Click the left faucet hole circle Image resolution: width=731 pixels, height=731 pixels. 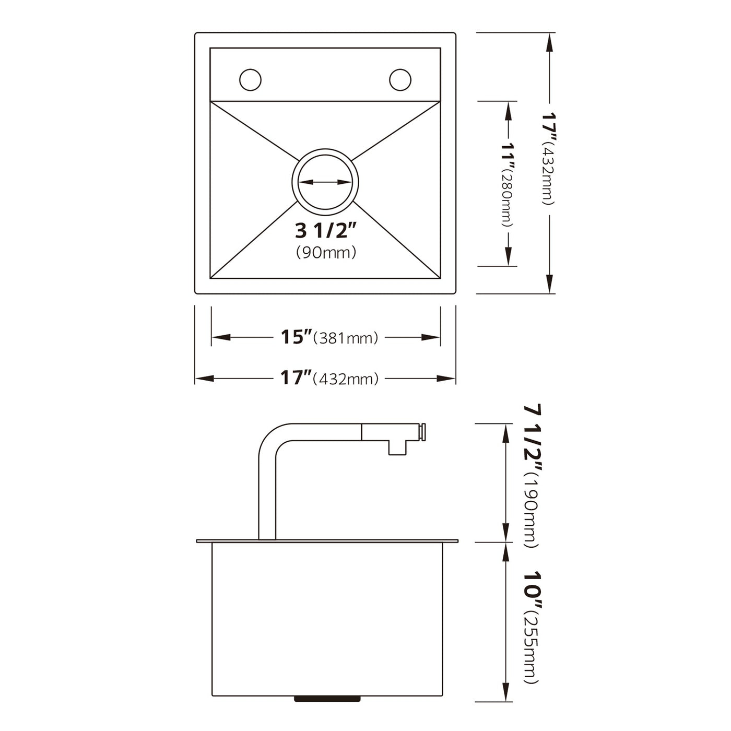250,79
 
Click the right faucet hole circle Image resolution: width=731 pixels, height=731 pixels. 400,79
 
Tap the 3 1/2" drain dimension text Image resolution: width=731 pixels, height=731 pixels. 325,230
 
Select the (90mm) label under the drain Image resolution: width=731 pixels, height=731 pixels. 326,253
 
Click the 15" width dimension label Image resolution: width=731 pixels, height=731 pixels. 296,337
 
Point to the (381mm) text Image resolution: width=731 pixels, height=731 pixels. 345,338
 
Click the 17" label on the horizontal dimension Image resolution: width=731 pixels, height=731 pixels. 296,378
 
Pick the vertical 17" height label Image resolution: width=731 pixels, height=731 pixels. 549,124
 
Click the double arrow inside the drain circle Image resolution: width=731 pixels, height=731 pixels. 325,182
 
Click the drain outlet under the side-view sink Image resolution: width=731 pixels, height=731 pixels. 327,698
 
